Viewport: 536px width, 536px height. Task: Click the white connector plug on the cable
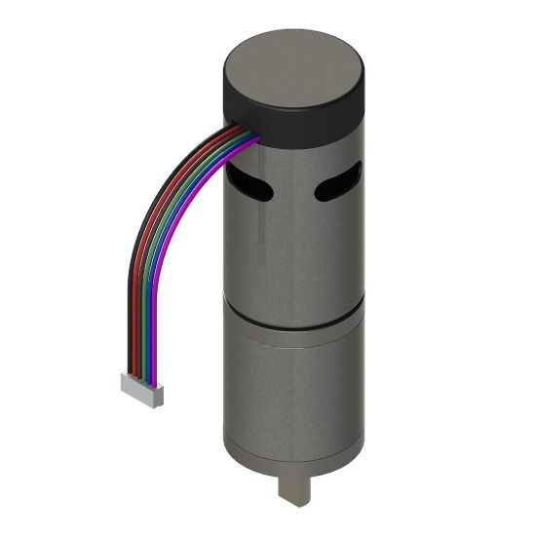(x=141, y=391)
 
